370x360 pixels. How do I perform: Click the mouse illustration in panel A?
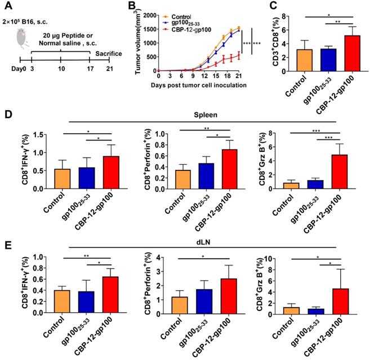tap(21, 33)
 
